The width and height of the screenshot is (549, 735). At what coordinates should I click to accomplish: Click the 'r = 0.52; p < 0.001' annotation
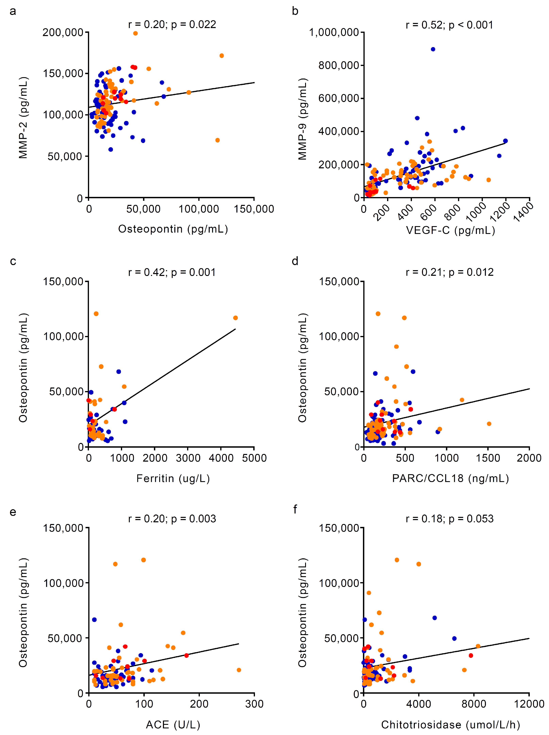[x=449, y=25]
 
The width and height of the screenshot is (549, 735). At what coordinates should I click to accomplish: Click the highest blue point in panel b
[x=433, y=49]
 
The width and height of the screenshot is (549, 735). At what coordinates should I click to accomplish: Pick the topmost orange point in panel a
[x=135, y=33]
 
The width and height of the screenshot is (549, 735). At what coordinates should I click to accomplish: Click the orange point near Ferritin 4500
[x=235, y=318]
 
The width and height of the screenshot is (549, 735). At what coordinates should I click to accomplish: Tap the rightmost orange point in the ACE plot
[x=239, y=670]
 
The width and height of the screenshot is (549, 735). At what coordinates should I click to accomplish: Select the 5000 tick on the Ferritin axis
[x=254, y=458]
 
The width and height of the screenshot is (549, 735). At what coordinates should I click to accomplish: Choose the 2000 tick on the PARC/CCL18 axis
[x=529, y=458]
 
